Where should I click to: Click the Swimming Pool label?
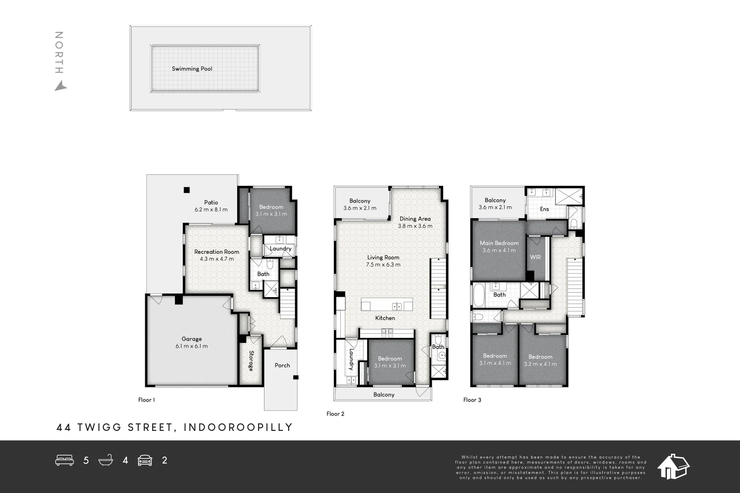pyautogui.click(x=192, y=69)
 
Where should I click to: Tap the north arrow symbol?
pyautogui.click(x=60, y=86)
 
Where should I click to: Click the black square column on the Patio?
pyautogui.click(x=186, y=190)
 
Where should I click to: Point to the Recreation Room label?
pyautogui.click(x=217, y=252)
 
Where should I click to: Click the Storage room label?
pyautogui.click(x=251, y=361)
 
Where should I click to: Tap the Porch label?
pyautogui.click(x=282, y=365)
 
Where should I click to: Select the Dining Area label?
pyautogui.click(x=415, y=219)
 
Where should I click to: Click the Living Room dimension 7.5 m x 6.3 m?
pyautogui.click(x=383, y=265)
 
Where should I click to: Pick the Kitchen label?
pyautogui.click(x=385, y=318)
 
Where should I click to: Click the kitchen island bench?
pyautogui.click(x=386, y=304)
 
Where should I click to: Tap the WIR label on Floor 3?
pyautogui.click(x=535, y=257)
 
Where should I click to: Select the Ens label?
pyautogui.click(x=544, y=209)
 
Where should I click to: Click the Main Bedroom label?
pyautogui.click(x=499, y=243)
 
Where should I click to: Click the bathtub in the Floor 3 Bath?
pyautogui.click(x=479, y=294)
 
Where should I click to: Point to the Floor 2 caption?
pyautogui.click(x=335, y=414)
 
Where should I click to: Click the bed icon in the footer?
pyautogui.click(x=64, y=460)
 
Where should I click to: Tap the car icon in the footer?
pyautogui.click(x=145, y=460)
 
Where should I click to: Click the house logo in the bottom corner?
pyautogui.click(x=673, y=467)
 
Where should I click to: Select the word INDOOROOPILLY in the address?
pyautogui.click(x=238, y=427)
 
